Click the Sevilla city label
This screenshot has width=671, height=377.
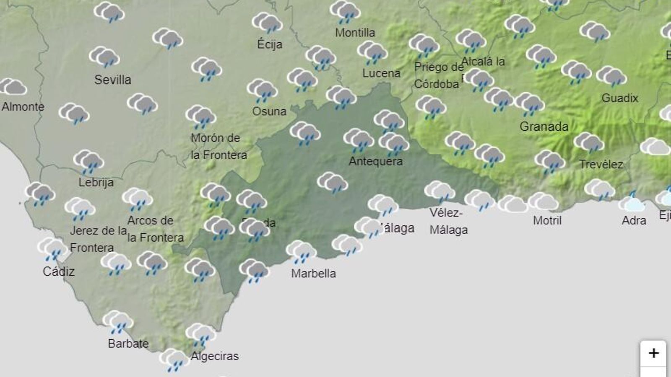112,80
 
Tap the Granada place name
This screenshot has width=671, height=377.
544,126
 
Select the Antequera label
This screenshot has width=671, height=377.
375,161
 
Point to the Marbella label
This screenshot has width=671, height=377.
313,273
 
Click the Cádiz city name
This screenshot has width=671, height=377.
58,271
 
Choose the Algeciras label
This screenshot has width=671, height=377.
214,356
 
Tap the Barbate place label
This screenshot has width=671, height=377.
128,343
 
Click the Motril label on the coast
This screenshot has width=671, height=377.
547,220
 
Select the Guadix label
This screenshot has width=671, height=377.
619,98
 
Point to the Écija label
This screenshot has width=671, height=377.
269,44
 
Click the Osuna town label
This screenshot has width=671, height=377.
269,111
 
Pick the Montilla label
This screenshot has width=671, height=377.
355,32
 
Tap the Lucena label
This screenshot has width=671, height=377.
381,73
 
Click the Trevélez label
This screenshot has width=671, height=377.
601,164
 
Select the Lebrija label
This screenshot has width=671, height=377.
96,182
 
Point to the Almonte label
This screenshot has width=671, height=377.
23,106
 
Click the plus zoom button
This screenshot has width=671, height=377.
653,353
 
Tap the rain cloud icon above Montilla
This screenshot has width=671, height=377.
345,12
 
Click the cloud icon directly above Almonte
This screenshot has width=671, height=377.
13,87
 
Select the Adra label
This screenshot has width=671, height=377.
634,220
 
